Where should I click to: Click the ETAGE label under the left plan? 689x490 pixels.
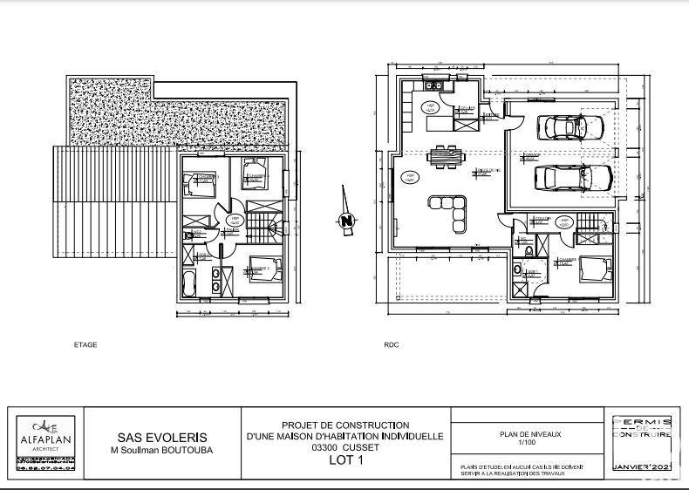coord(85,344)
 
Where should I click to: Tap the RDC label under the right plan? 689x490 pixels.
coord(392,344)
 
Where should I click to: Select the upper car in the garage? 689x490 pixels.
coord(572,127)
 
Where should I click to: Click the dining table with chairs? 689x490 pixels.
coord(448,156)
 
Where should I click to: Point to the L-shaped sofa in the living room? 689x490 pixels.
coord(449,209)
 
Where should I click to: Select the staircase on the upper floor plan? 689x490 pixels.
coord(261,228)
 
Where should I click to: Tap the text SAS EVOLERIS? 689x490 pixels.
coord(163,438)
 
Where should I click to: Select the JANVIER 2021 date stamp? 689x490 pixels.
coord(643,468)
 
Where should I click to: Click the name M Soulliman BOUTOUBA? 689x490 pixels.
coord(163,451)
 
